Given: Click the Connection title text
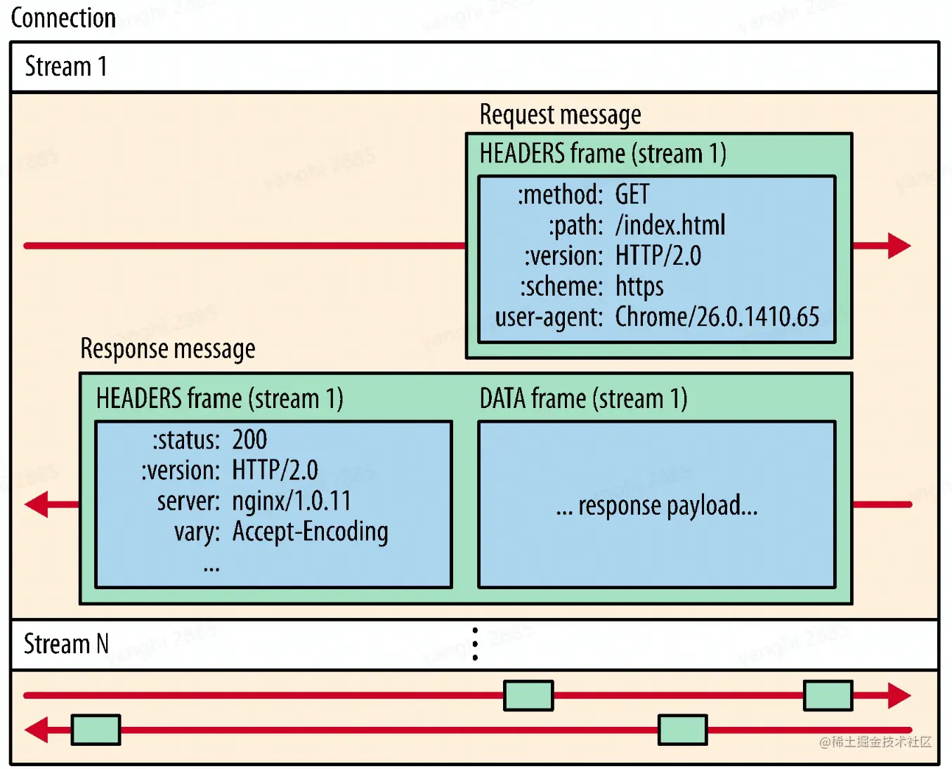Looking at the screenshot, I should tap(63, 18).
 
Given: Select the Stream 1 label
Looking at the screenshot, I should tap(65, 67).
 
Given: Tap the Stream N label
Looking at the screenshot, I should tap(66, 643).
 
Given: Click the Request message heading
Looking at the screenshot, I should tap(560, 114).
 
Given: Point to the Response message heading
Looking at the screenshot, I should tap(168, 348).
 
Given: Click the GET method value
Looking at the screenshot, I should tap(632, 194).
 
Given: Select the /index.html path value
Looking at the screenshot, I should tap(670, 225).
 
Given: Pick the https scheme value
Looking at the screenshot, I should tap(639, 287).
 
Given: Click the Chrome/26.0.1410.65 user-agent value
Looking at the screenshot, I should tap(717, 317).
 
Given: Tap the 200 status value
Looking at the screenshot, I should tap(249, 440).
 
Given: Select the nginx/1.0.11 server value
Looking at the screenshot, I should tap(292, 501).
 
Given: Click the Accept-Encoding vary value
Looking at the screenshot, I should tap(310, 532).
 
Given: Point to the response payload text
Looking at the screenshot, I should tap(657, 506).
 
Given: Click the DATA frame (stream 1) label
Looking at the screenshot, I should tap(583, 399).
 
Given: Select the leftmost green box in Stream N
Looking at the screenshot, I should tap(96, 730).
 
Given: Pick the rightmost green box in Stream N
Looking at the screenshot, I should tap(828, 695).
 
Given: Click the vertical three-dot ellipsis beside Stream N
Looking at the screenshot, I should tap(476, 644).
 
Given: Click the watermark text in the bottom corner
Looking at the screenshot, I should tap(875, 742).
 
